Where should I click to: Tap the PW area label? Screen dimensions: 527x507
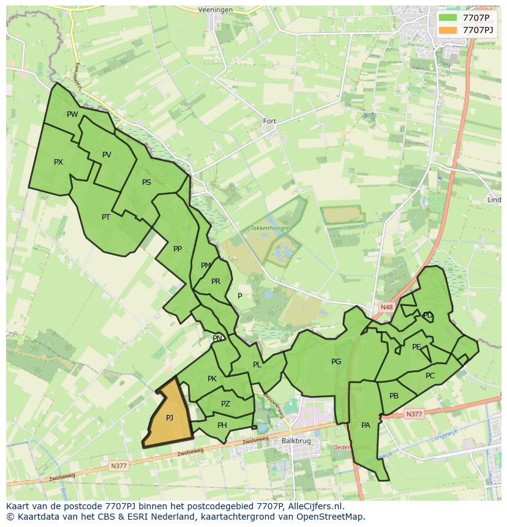tap(72, 114)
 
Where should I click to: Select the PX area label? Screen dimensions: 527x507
tap(58, 162)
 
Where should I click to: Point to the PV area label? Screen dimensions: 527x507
tap(107, 155)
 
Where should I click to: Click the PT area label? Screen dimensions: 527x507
tap(106, 217)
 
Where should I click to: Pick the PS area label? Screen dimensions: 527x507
tap(146, 182)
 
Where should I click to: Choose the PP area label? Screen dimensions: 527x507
tap(178, 249)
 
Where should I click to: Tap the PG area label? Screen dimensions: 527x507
tap(336, 362)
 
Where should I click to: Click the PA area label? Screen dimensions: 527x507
tap(366, 425)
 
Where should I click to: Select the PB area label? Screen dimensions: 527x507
tap(394, 396)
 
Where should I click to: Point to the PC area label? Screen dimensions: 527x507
tap(430, 376)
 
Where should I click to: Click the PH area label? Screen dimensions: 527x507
tap(222, 425)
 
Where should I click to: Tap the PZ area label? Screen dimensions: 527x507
tap(225, 404)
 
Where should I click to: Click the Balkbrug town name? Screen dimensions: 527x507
tap(293, 441)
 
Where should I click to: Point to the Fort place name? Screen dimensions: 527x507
tap(269, 121)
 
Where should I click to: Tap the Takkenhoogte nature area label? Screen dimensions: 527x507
tap(269, 228)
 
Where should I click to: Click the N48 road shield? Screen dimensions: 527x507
tap(386, 307)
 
